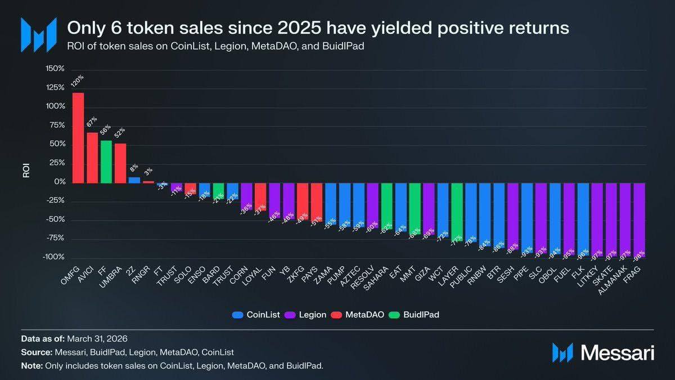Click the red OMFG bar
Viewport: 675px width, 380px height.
[78, 137]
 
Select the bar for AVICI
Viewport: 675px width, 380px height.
[92, 157]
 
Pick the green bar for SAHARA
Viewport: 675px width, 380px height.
[386, 205]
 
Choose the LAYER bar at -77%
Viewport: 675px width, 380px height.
[457, 211]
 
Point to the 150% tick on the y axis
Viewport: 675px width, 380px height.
[55, 69]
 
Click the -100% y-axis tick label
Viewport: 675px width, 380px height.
[54, 257]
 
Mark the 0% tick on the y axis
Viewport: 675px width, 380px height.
[60, 182]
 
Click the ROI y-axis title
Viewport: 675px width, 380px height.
[26, 171]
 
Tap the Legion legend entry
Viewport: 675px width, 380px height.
[307, 315]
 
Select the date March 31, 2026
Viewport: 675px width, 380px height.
[97, 339]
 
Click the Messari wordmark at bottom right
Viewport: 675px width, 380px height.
[617, 353]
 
